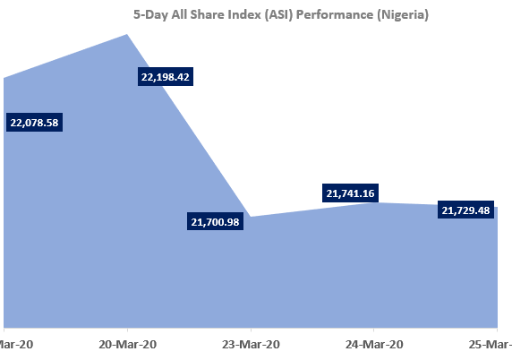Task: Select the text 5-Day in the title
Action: pyautogui.click(x=150, y=15)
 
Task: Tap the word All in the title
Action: pyautogui.click(x=167, y=15)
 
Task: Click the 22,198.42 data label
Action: pyautogui.click(x=166, y=77)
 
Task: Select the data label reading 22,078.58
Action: pyautogui.click(x=34, y=123)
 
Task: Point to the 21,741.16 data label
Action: pyautogui.click(x=350, y=193)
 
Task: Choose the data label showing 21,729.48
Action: pyautogui.click(x=466, y=210)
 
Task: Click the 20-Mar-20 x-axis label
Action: pyautogui.click(x=127, y=344)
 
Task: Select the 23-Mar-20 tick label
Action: pyautogui.click(x=251, y=344)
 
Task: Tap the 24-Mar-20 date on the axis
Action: pyautogui.click(x=374, y=344)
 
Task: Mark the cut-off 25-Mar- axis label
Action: pyautogui.click(x=491, y=344)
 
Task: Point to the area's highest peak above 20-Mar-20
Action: pyautogui.click(x=127, y=35)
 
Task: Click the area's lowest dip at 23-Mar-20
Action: pyautogui.click(x=251, y=218)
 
